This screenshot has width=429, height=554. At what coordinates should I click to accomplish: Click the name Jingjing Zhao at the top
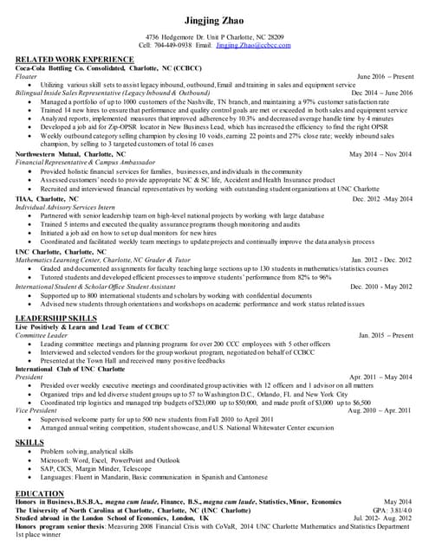pyautogui.click(x=214, y=20)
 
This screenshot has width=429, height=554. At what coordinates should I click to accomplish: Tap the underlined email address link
pyautogui.click(x=253, y=45)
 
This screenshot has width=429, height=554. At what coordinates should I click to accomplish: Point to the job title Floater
pyautogui.click(x=27, y=76)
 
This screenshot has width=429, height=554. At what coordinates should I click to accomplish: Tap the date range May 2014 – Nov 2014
pyautogui.click(x=381, y=154)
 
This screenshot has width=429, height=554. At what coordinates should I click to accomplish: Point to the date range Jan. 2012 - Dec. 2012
pyautogui.click(x=382, y=259)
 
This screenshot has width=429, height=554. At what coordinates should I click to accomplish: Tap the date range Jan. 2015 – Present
pyautogui.click(x=386, y=335)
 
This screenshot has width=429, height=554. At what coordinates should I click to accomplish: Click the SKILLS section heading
pyautogui.click(x=29, y=441)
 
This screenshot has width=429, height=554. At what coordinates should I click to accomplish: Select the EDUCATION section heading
pyautogui.click(x=39, y=493)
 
